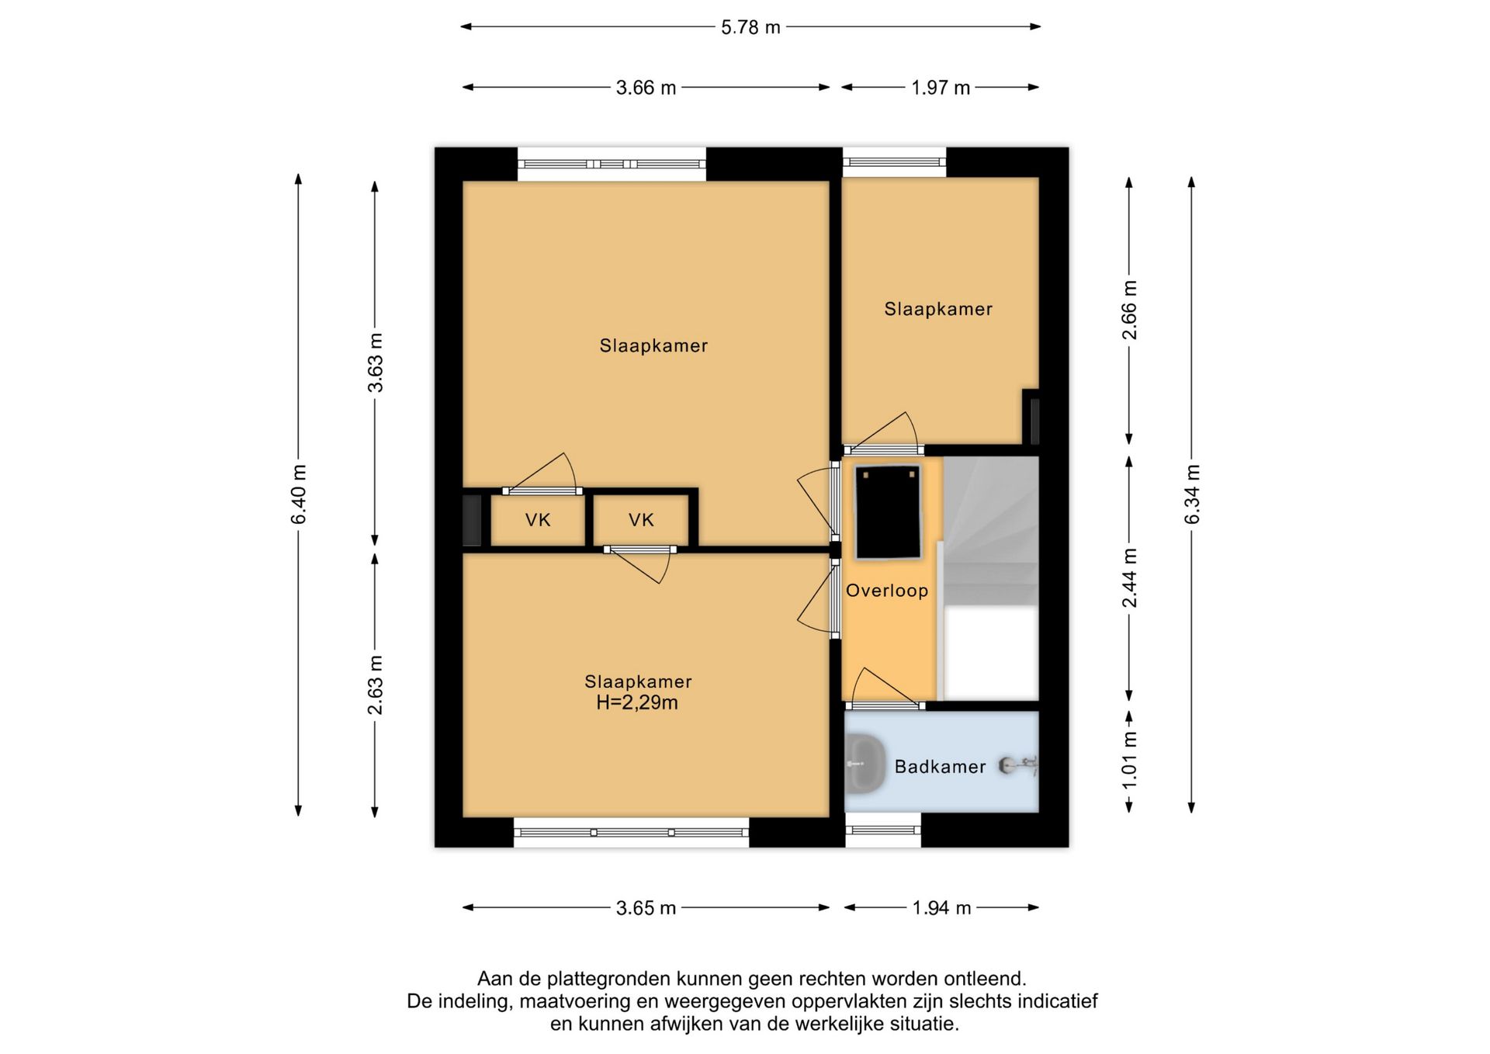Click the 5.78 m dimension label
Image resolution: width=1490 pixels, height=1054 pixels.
point(750,27)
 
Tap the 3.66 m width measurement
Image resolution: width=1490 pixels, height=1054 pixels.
point(646,88)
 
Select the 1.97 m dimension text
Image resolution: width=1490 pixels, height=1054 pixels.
point(941,88)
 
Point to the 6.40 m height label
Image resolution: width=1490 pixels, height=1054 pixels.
point(299,494)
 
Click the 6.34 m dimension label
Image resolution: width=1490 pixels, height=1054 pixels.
point(1192,494)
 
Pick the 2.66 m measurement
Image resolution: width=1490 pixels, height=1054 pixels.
point(1130,310)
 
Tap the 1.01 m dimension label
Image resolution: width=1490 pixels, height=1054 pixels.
point(1130,761)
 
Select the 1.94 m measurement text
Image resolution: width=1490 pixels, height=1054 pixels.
point(941,908)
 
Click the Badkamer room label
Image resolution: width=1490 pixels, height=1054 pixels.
point(940,767)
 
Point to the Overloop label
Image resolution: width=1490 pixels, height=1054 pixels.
point(887,591)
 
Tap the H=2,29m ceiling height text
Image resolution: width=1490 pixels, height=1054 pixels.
point(637,703)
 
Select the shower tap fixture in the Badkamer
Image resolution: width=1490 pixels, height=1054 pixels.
point(1018,765)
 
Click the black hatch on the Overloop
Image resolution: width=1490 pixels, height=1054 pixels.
point(888,512)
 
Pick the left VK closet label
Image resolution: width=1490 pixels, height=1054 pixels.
point(538,520)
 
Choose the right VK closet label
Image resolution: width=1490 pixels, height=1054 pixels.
point(641,520)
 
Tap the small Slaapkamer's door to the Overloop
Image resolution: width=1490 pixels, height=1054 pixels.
point(883,432)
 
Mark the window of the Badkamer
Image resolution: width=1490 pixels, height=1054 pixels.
point(883,830)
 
